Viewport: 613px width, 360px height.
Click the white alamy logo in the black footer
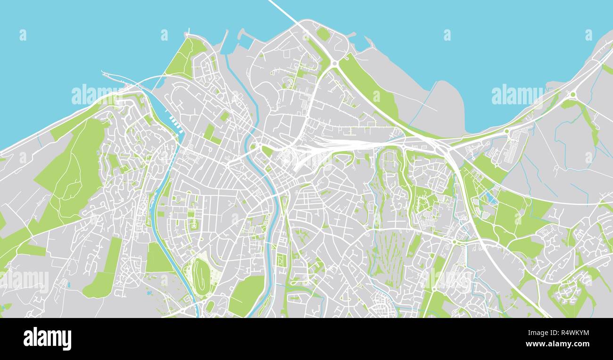pyautogui.click(x=47, y=339)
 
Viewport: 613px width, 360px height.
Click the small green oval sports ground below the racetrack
pyautogui.click(x=209, y=306)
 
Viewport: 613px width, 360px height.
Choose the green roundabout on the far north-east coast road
pyautogui.click(x=573, y=95)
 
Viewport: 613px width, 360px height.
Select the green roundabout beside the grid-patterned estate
pyautogui.click(x=507, y=132)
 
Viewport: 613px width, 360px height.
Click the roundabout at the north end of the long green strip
pyautogui.click(x=334, y=64)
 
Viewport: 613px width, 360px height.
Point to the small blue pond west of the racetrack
pyautogui.click(x=150, y=293)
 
